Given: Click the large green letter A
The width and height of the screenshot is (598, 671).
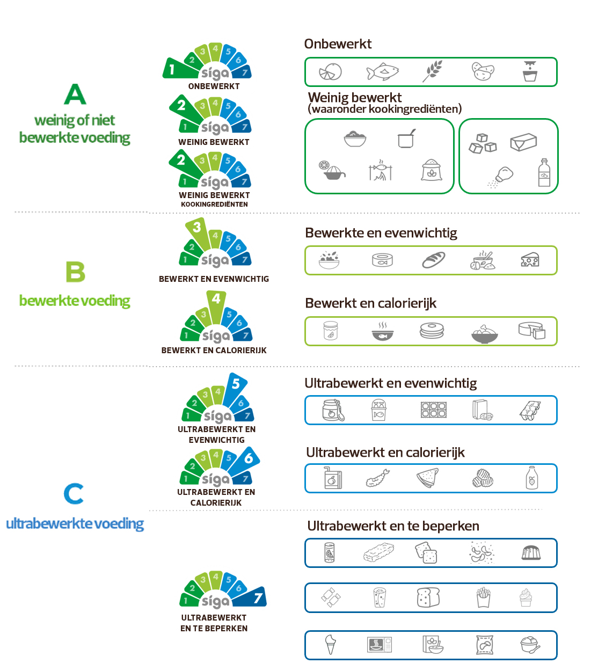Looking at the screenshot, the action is tap(75, 94).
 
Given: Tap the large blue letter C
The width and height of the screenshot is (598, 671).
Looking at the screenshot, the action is tap(73, 493).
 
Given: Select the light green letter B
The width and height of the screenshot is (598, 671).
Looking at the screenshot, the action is tap(75, 272).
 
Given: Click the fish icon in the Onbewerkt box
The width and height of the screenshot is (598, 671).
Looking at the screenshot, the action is tap(382, 71).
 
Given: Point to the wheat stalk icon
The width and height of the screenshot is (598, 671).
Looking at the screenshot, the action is tap(432, 71).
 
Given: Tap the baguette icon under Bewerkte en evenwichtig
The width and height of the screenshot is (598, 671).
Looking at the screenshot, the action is tap(433, 260).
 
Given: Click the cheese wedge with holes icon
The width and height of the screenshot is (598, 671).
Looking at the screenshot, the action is tap(530, 260).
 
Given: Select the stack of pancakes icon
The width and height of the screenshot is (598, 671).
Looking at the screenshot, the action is tap(432, 331).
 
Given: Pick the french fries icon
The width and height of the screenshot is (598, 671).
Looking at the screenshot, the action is tap(483, 597).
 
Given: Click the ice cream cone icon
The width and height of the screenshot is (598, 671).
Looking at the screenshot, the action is tap(330, 644).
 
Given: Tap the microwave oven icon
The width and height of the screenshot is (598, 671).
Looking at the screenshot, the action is tap(380, 645).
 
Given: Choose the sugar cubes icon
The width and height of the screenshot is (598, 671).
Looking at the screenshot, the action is tap(483, 143).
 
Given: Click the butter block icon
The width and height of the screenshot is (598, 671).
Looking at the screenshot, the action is tap(523, 142).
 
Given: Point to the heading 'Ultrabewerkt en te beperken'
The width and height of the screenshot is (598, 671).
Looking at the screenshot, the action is tap(393, 526).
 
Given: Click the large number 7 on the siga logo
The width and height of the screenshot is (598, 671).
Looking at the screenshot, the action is tap(258, 598).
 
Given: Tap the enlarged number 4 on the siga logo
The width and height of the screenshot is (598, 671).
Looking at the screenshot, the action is tap(216, 299).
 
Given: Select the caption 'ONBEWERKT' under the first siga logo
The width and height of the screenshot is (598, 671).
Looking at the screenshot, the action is tap(214, 86).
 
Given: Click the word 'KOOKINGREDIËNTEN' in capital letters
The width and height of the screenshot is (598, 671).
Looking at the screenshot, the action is tap(214, 205).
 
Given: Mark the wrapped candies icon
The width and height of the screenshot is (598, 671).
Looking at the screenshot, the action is tap(331, 597).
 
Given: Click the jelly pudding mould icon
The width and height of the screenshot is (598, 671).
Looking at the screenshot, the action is tap(531, 553).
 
